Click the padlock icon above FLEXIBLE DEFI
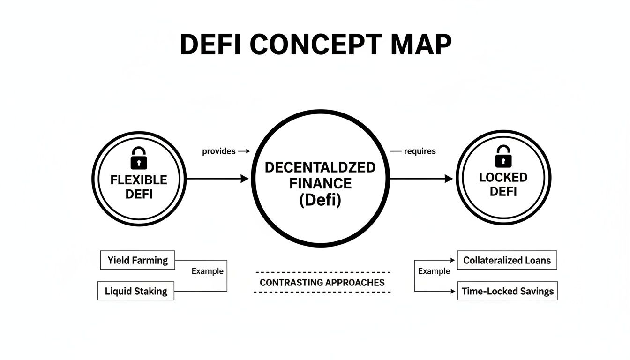click(x=138, y=158)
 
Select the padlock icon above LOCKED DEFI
click(x=503, y=156)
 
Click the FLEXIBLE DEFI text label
click(x=139, y=187)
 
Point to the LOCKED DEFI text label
click(x=503, y=184)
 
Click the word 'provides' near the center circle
click(x=219, y=151)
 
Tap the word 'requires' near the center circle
click(x=420, y=151)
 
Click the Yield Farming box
click(x=137, y=260)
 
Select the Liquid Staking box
click(x=136, y=291)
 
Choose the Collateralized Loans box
click(x=507, y=260)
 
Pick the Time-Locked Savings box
click(x=507, y=291)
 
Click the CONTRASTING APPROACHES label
click(x=322, y=283)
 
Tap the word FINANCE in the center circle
click(x=320, y=183)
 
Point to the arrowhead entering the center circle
click(x=244, y=179)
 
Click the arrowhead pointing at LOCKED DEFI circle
click(x=449, y=179)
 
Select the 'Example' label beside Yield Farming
click(x=208, y=271)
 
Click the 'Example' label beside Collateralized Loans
click(x=434, y=271)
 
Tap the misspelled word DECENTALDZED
click(x=320, y=167)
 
